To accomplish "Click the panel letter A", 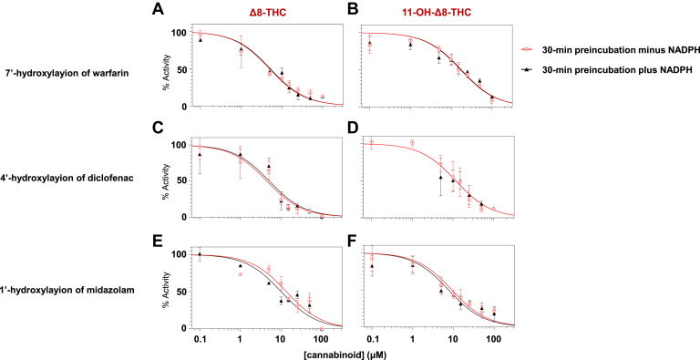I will pos(159,10).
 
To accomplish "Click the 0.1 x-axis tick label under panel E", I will pos(200,339).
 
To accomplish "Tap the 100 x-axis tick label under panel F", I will pos(493,339).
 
